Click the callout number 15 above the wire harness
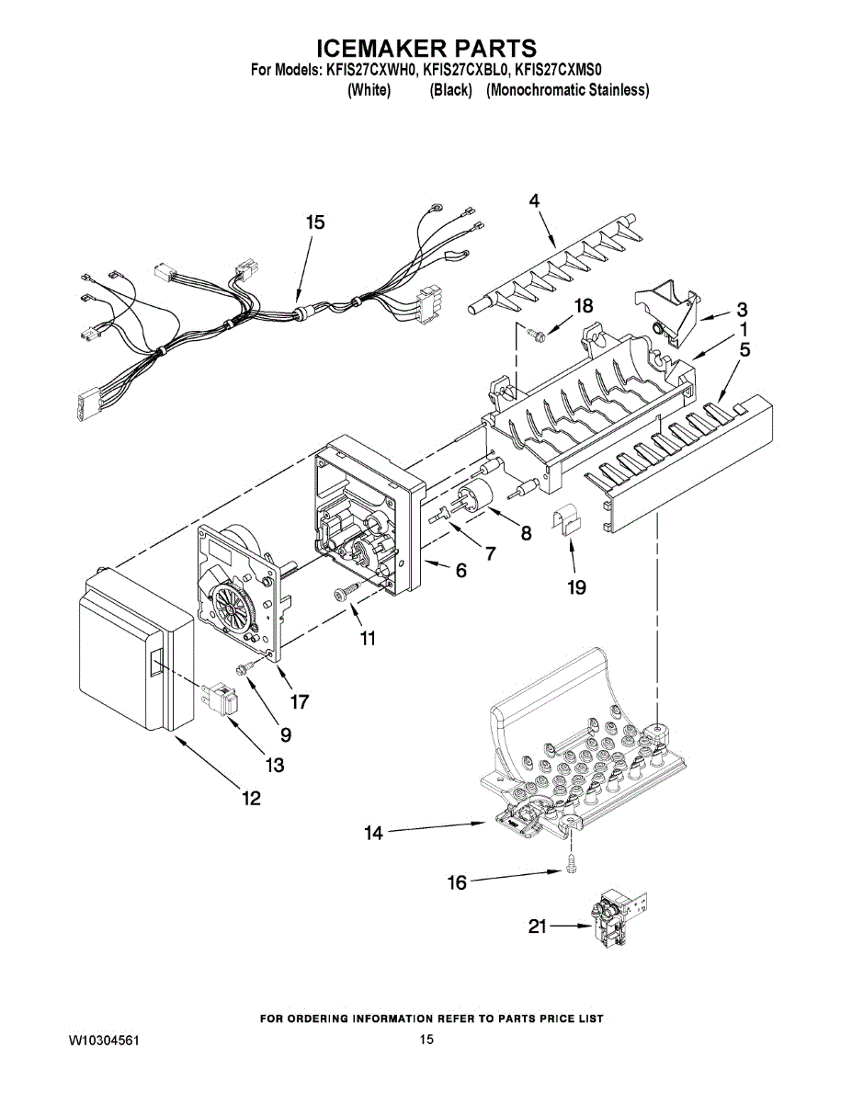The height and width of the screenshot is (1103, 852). point(315,222)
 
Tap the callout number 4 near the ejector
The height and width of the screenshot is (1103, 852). point(534,199)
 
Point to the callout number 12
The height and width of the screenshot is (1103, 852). point(250,798)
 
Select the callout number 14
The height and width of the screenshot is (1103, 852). point(373,833)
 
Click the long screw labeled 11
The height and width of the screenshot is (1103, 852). point(346,593)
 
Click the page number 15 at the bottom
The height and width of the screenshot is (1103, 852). point(426,1040)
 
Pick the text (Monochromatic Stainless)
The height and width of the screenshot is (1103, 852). point(567,90)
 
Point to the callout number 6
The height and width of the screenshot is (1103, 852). point(460,571)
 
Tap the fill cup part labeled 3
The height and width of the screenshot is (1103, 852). point(666,311)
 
